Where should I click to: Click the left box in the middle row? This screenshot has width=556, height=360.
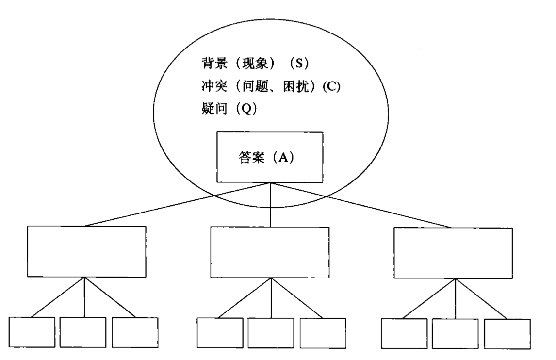(86, 251)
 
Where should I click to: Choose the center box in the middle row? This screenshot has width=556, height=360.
(270, 252)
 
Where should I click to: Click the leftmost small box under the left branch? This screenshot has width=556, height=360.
(33, 332)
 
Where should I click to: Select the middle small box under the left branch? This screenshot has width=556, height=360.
(83, 332)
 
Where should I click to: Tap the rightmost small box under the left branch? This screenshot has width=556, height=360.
(135, 332)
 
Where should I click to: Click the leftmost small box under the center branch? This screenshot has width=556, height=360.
(220, 333)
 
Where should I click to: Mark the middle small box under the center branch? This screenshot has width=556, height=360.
(271, 333)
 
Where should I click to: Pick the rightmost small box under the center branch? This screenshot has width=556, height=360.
(322, 333)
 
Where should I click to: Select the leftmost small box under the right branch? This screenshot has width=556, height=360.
(404, 333)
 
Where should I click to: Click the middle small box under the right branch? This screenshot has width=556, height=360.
(455, 333)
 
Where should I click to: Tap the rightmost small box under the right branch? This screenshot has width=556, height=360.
(507, 333)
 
